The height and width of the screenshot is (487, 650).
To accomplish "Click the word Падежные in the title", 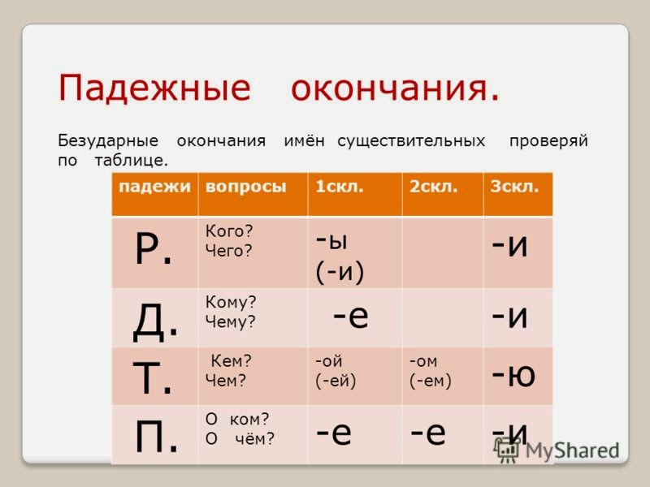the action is coord(154,88).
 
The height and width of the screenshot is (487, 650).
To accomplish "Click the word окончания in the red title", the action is coord(395,88).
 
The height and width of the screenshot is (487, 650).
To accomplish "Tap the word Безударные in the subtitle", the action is coord(108,141).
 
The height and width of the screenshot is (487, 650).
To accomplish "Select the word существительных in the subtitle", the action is coord(411,141).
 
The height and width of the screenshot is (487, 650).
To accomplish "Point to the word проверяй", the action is coord(548,141).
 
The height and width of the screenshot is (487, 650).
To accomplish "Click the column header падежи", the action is coord(154,187).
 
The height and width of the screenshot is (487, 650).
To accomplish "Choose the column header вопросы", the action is coord(246,187).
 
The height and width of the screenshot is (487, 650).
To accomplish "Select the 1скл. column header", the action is coord(339,187).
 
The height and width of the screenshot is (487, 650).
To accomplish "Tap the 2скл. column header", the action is coord(433,187).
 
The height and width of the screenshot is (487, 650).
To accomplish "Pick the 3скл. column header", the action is coord(514,187).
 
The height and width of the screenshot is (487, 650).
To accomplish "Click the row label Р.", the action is coord(154,248).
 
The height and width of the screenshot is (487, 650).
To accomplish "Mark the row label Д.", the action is coord(155,322).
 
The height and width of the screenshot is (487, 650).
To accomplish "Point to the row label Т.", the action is coord(152,377).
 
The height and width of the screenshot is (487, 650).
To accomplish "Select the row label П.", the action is coord(156,436).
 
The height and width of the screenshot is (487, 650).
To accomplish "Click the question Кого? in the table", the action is coord(229,231).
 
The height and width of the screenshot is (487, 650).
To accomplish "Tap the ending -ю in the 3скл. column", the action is coord(513,375).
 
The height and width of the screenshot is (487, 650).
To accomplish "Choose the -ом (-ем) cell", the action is coord(431,371).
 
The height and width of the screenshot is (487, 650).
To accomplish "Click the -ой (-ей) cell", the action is coord(336,371).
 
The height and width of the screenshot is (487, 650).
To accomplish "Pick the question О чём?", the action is coord(240,439).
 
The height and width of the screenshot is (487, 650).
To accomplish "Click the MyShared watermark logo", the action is coord(557,450).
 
